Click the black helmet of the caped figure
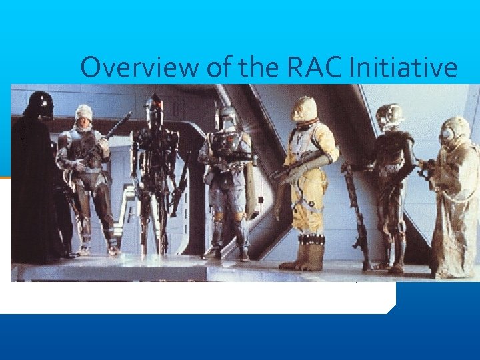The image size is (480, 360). (41, 105)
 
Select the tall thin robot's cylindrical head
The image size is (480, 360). (154, 108)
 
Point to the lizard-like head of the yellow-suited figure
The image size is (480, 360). (304, 109)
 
